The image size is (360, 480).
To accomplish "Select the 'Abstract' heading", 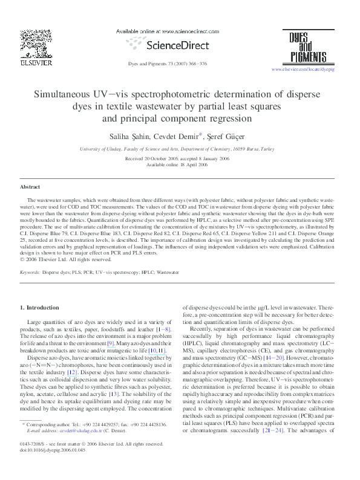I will [30, 187].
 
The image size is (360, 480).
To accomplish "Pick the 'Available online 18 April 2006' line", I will [180, 164].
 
